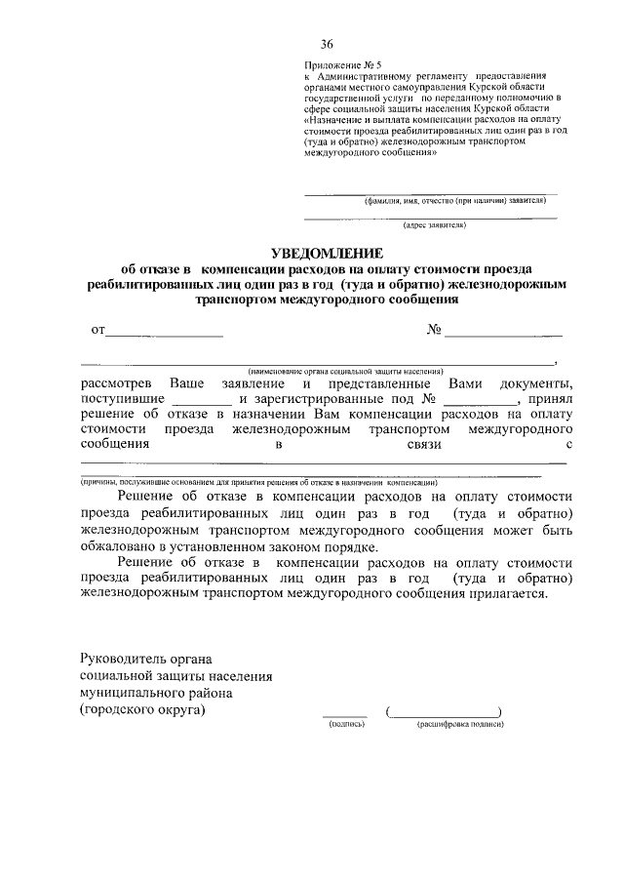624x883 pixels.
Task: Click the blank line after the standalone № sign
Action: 503,332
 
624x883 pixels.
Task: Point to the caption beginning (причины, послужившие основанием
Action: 259,482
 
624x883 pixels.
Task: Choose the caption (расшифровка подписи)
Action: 459,726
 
